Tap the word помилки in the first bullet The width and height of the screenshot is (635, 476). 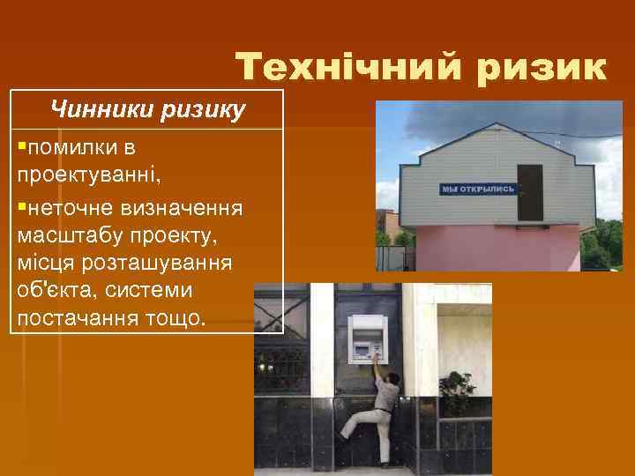point(71,146)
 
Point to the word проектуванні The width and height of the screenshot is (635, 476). point(88,169)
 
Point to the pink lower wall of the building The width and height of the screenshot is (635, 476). point(494,247)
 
